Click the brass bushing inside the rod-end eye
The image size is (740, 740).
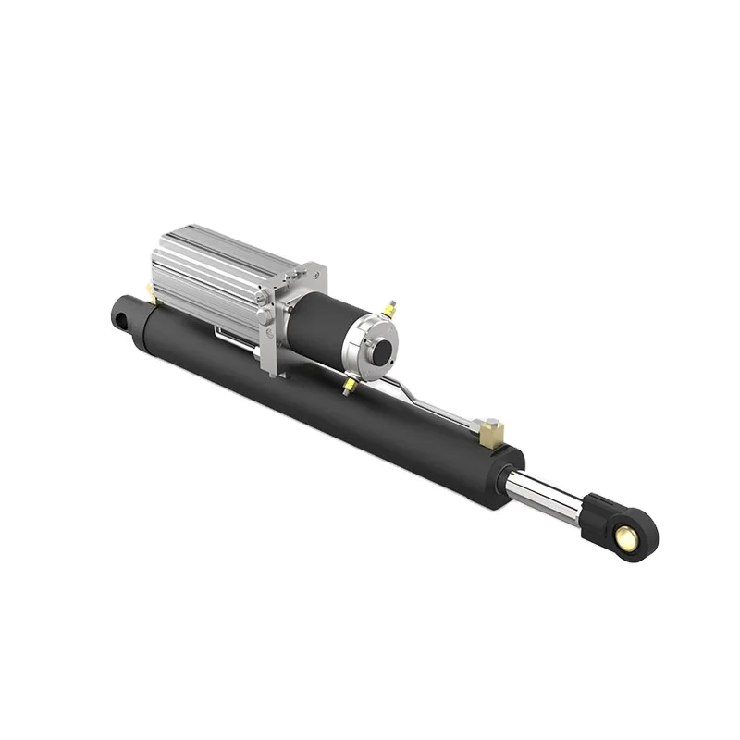click(628, 536)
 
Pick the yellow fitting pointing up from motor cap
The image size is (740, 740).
click(389, 309)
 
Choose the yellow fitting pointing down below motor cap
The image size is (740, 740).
click(350, 386)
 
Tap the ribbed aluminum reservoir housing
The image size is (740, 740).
click(208, 273)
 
